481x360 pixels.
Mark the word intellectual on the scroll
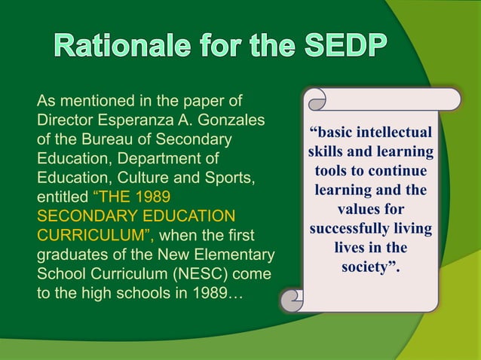tap(393, 133)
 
